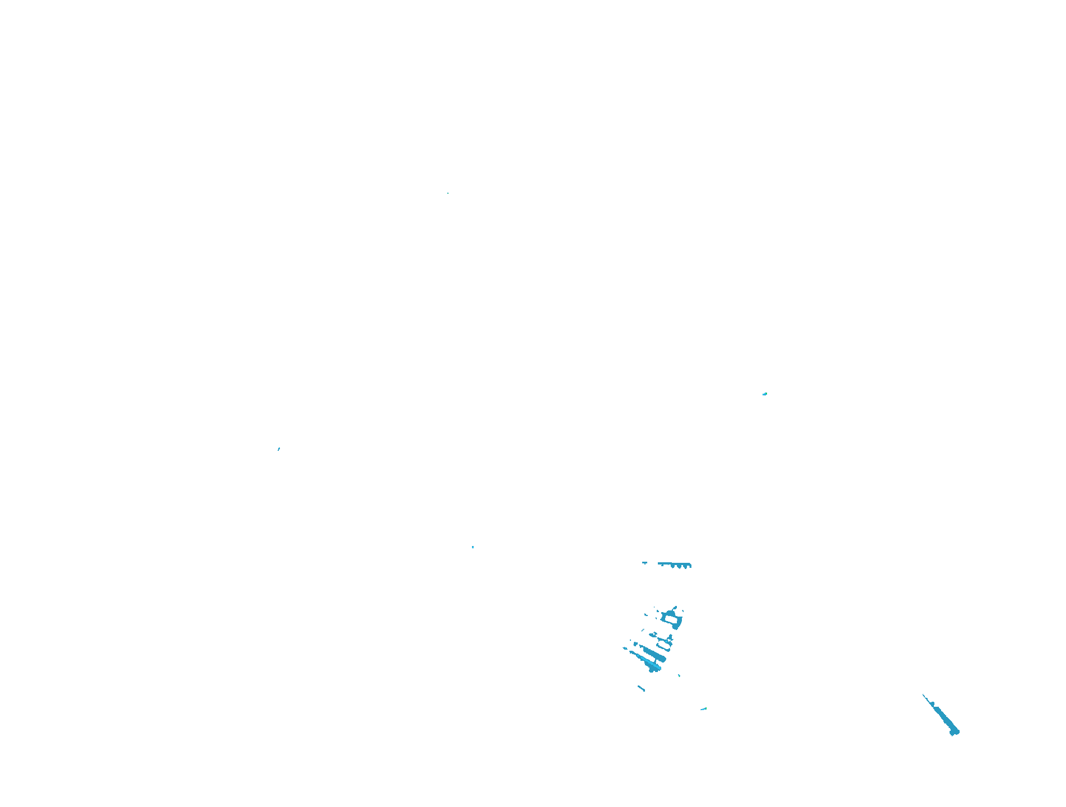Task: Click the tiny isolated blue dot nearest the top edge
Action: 448,193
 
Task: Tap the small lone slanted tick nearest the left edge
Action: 279,449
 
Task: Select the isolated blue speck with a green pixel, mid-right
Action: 765,394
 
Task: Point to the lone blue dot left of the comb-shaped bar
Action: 473,547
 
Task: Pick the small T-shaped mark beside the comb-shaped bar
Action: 645,563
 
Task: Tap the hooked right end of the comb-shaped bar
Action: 690,566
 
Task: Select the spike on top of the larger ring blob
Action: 675,608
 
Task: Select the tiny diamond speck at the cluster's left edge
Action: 625,649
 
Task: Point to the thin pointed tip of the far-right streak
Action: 924,696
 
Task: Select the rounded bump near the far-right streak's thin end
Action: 933,703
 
